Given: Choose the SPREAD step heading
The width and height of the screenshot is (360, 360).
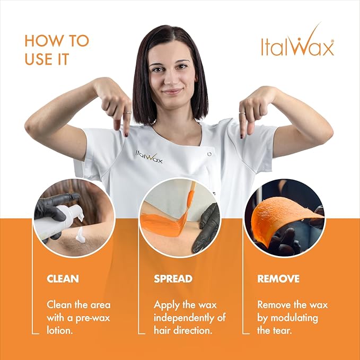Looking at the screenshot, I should pyautogui.click(x=173, y=278).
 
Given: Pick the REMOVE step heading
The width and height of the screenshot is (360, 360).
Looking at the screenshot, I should pyautogui.click(x=278, y=278).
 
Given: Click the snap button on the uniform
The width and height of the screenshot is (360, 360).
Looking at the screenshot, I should pyautogui.click(x=210, y=154).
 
